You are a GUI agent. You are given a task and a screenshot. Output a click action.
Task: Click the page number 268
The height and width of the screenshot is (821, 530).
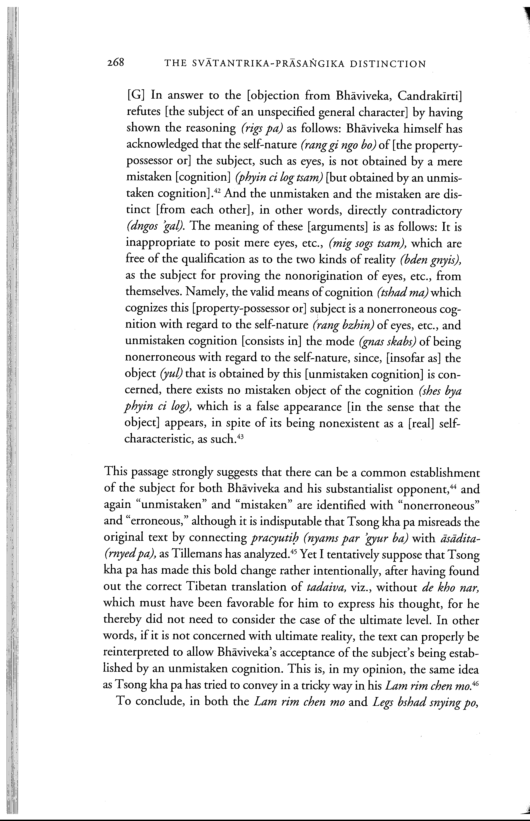pos(115,63)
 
